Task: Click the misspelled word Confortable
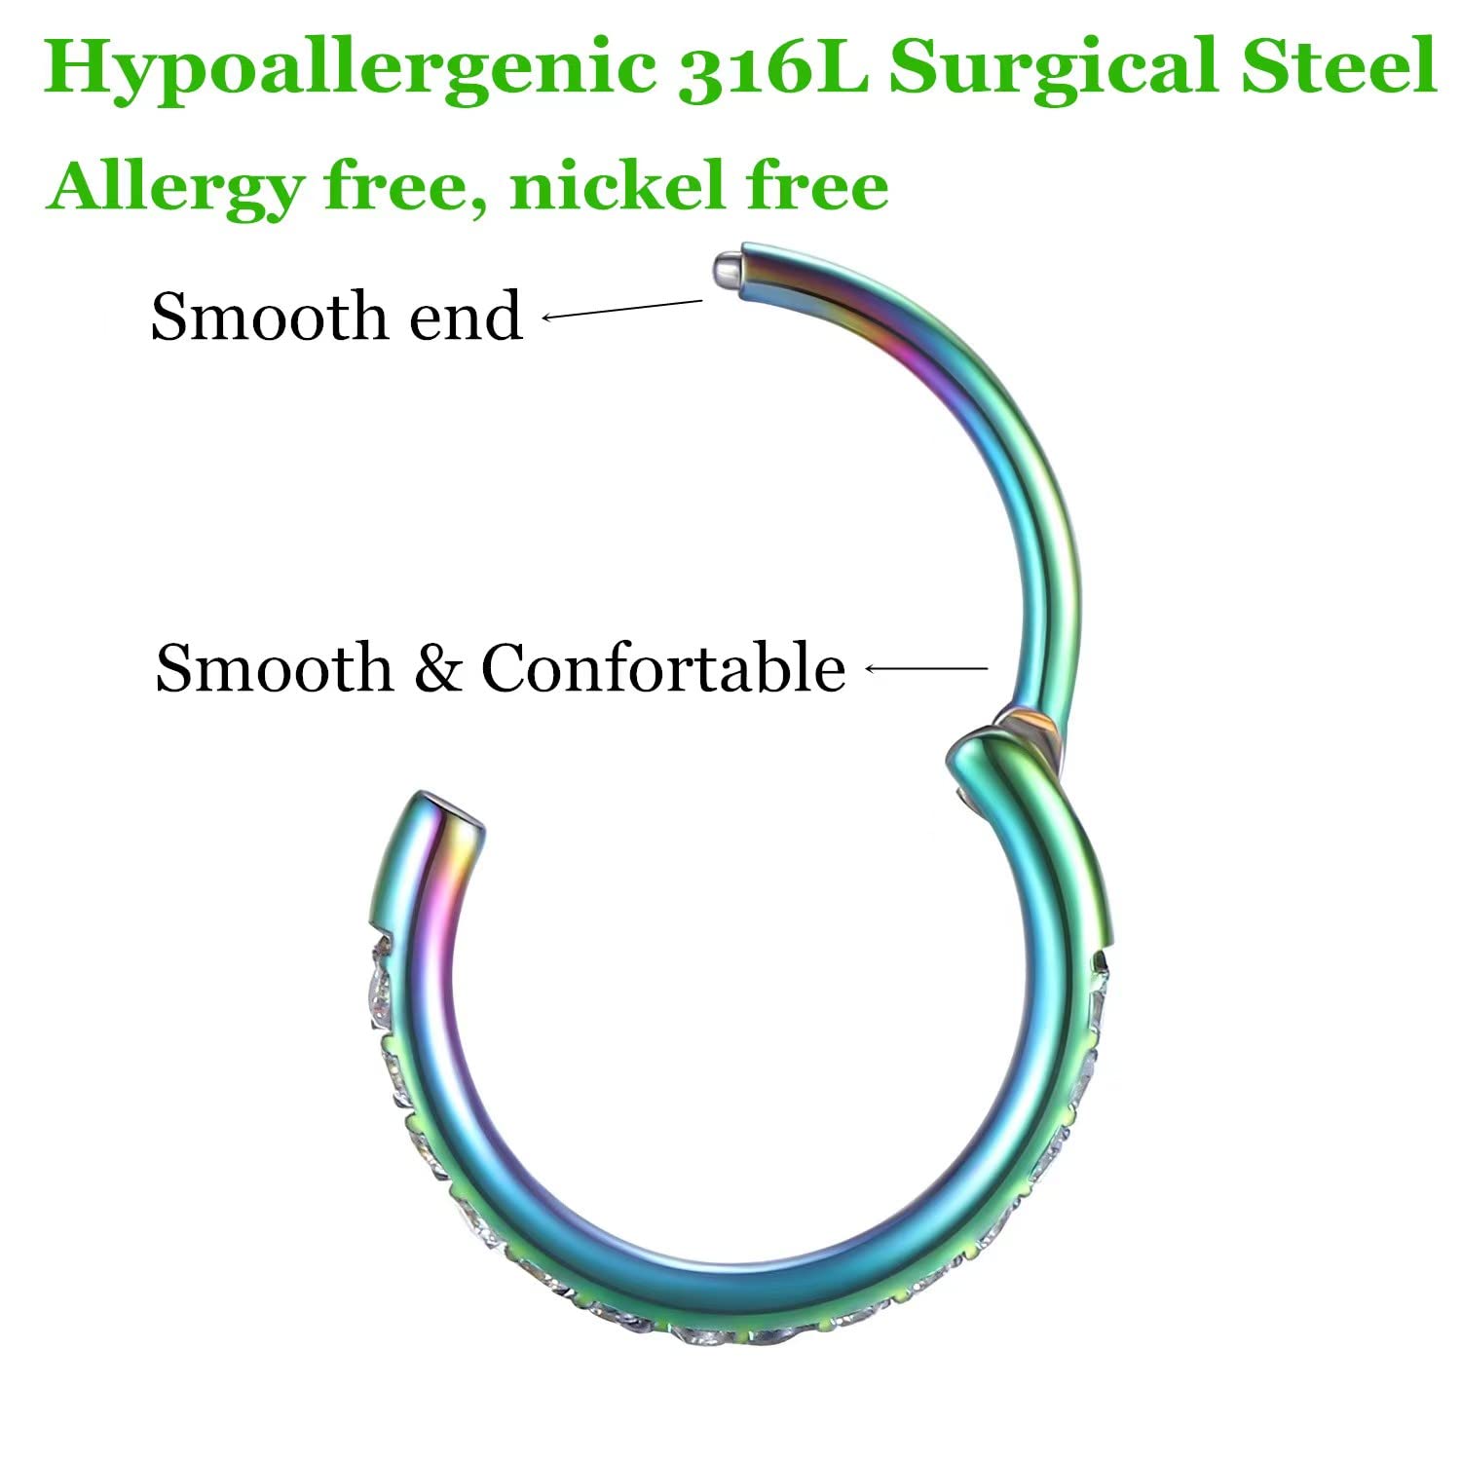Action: click(663, 668)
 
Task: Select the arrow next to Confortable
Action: click(926, 668)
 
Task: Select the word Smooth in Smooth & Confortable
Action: click(274, 668)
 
